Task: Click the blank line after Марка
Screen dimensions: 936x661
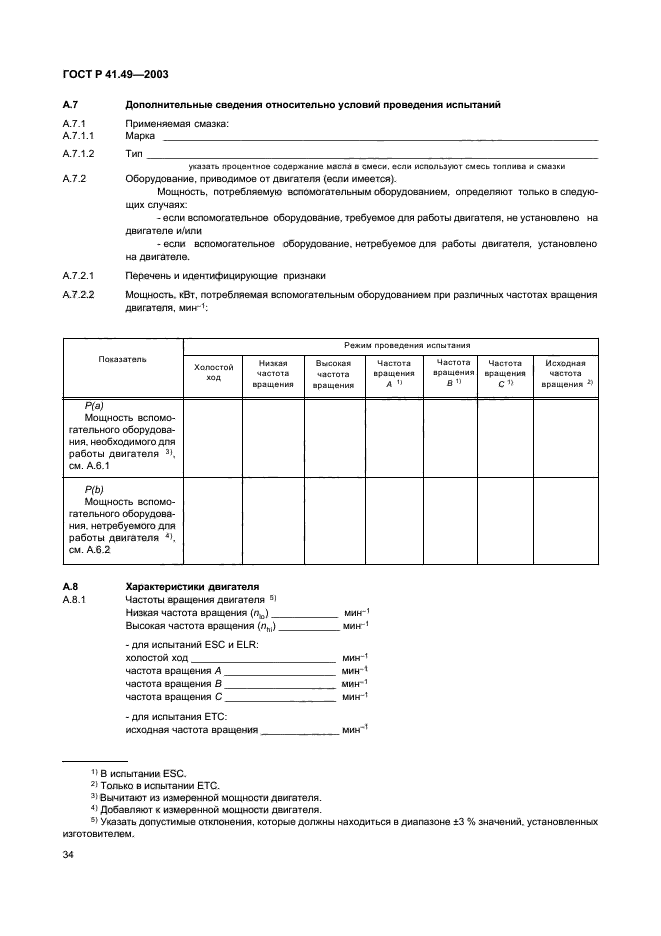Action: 379,138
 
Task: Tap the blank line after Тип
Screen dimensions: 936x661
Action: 371,156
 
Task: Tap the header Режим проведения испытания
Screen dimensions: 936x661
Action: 392,344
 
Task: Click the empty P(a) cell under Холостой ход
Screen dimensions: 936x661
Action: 212,437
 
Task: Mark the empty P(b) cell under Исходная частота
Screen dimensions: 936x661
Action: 567,521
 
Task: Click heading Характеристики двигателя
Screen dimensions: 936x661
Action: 191,586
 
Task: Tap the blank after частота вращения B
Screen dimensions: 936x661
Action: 282,684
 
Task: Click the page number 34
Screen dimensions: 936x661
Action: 69,854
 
